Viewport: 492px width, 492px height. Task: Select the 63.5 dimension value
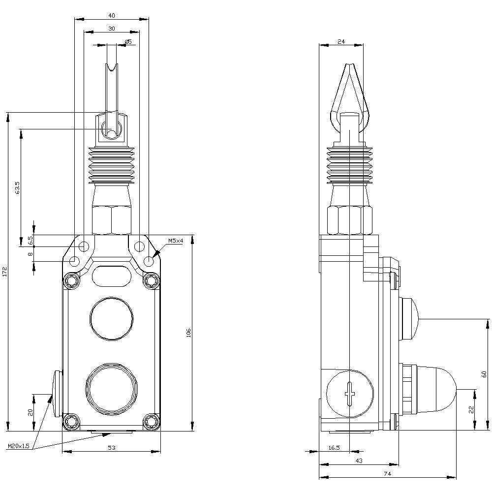click(17, 188)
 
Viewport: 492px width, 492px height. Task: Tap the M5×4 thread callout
click(175, 241)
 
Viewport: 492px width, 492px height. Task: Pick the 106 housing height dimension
click(188, 333)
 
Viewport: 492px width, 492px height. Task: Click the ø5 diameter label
click(128, 42)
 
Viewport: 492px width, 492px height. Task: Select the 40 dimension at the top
click(112, 15)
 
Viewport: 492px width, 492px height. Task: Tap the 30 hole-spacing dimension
click(112, 29)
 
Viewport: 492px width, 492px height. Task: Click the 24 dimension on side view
click(341, 42)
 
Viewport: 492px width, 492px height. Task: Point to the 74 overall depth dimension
click(387, 473)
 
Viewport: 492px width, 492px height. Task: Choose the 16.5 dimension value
click(334, 447)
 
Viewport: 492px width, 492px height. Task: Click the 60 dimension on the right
click(484, 374)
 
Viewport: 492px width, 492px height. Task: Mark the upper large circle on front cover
click(112, 319)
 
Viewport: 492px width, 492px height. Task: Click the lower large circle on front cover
click(112, 389)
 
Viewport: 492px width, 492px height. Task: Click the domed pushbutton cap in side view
click(435, 389)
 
